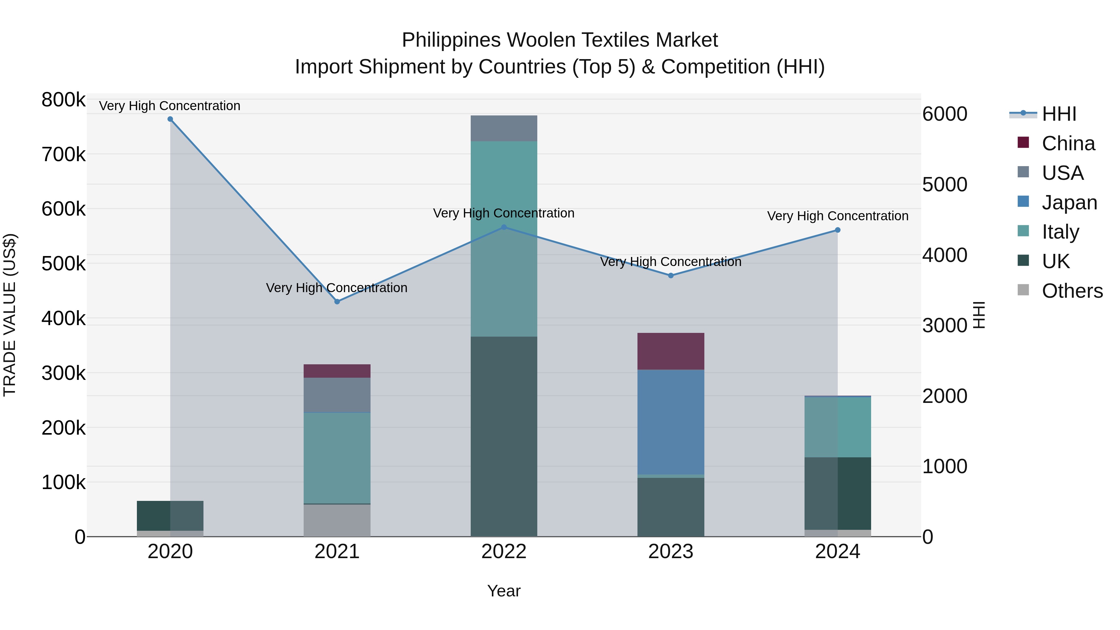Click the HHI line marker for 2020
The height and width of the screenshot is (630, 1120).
tap(170, 119)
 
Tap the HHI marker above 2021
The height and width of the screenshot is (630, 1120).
tap(337, 301)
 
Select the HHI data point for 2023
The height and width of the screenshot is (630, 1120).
tap(670, 276)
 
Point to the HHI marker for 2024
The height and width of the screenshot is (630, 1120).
tap(838, 230)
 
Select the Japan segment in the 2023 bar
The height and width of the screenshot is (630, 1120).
tap(670, 422)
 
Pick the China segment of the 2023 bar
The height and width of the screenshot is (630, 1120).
tap(670, 351)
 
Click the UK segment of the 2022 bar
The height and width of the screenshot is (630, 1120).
tap(504, 436)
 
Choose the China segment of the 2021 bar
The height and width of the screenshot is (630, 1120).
tap(337, 371)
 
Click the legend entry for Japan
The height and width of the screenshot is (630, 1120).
tap(1069, 203)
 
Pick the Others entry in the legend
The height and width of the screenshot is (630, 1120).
tap(1072, 291)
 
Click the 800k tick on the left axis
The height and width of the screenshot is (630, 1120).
tap(63, 100)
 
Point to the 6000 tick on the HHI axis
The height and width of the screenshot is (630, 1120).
tap(945, 114)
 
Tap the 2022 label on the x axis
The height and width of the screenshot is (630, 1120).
tap(504, 552)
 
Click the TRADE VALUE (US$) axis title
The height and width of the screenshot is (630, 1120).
tap(10, 315)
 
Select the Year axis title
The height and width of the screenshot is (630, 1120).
tap(504, 591)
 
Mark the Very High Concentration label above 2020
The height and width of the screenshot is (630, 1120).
tap(170, 106)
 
